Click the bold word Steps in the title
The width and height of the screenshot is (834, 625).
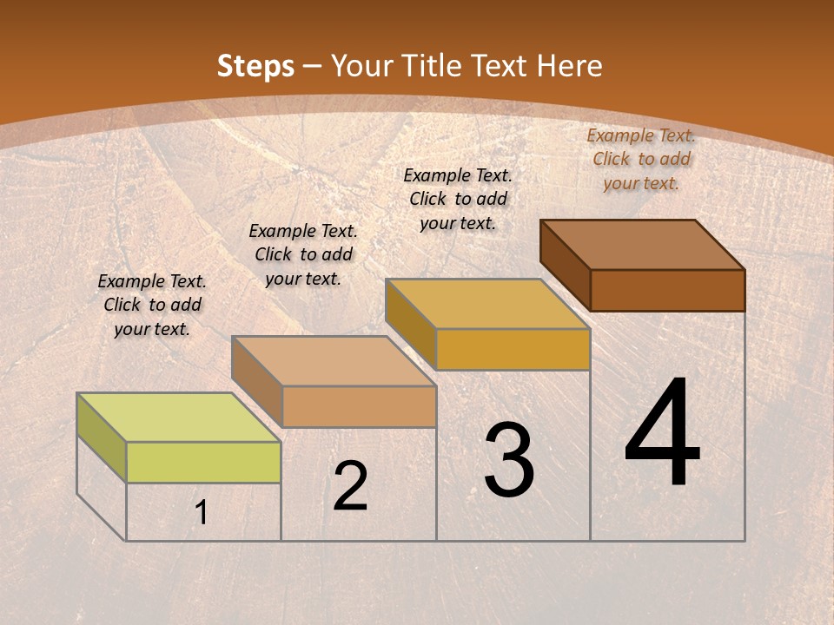tap(255, 66)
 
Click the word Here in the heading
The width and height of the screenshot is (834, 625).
tap(569, 66)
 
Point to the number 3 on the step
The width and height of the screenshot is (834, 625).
tap(509, 460)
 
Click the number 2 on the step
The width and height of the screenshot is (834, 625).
tap(350, 486)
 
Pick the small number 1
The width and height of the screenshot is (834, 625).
tap(202, 513)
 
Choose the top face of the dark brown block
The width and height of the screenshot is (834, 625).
tap(643, 245)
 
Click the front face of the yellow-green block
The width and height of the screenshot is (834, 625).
tap(203, 462)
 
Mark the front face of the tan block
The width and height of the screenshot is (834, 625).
tap(359, 406)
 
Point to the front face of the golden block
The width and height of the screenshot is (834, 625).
tap(513, 349)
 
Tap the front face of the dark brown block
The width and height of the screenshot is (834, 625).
tap(667, 290)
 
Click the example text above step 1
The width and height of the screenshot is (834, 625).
tap(152, 305)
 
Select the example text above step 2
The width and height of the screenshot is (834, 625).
tap(303, 254)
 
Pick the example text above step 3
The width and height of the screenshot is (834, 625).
tap(458, 199)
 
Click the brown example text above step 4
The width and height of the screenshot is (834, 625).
tap(641, 159)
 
